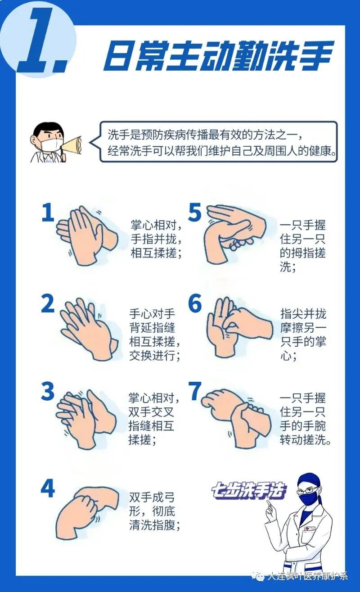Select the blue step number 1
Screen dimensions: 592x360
pos(48,213)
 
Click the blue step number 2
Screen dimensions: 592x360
pos(48,304)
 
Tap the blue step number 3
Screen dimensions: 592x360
pos(48,392)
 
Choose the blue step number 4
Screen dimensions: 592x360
pos(48,488)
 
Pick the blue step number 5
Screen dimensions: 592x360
pos(194,213)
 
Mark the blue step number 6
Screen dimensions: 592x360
pos(195,304)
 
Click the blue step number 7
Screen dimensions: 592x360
pos(195,392)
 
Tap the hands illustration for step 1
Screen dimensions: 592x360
pos(85,234)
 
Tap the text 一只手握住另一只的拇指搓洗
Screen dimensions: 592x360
pos(302,246)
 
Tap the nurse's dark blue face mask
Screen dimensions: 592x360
pos(308,498)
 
